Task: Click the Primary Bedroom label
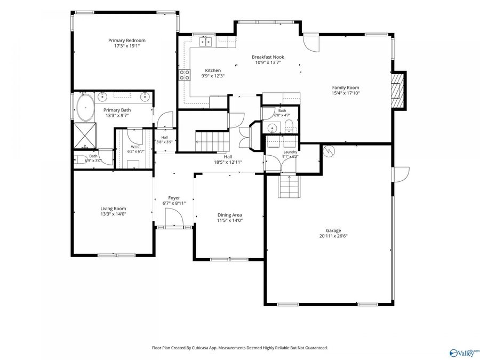coord(127,41)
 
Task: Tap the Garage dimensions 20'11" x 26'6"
coord(333,236)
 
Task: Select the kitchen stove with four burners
coord(185,75)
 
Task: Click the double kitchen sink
coord(206,42)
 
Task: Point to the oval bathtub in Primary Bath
coord(85,108)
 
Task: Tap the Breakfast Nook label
coord(268,57)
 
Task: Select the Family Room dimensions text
coord(346,93)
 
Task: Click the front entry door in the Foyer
coord(174,218)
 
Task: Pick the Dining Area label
coord(229,215)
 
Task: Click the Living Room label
coord(113,209)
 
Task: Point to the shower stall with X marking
coord(85,135)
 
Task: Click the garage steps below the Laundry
coord(289,187)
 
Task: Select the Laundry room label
coord(290,152)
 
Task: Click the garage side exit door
coord(401,174)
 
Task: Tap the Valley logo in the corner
coord(463,353)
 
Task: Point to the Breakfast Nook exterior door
coord(311,43)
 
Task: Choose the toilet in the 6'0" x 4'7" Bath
coord(289,126)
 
